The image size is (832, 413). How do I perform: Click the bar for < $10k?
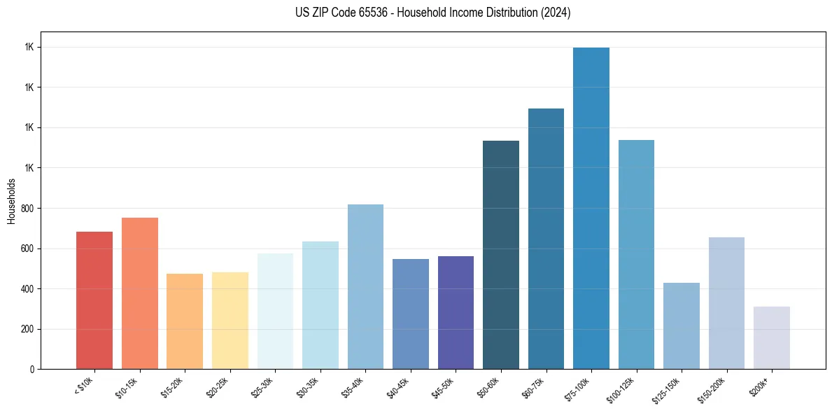(x=94, y=300)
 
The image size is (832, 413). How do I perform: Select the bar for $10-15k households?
(x=140, y=293)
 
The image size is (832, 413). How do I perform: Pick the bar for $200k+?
(x=772, y=337)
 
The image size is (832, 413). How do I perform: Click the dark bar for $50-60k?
(x=501, y=255)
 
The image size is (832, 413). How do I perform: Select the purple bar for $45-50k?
(x=456, y=312)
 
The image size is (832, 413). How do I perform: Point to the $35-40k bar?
(x=365, y=286)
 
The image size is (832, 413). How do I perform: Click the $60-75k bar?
(x=546, y=239)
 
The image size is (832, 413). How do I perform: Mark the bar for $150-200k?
(x=726, y=303)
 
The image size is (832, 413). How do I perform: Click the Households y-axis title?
(x=12, y=201)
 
